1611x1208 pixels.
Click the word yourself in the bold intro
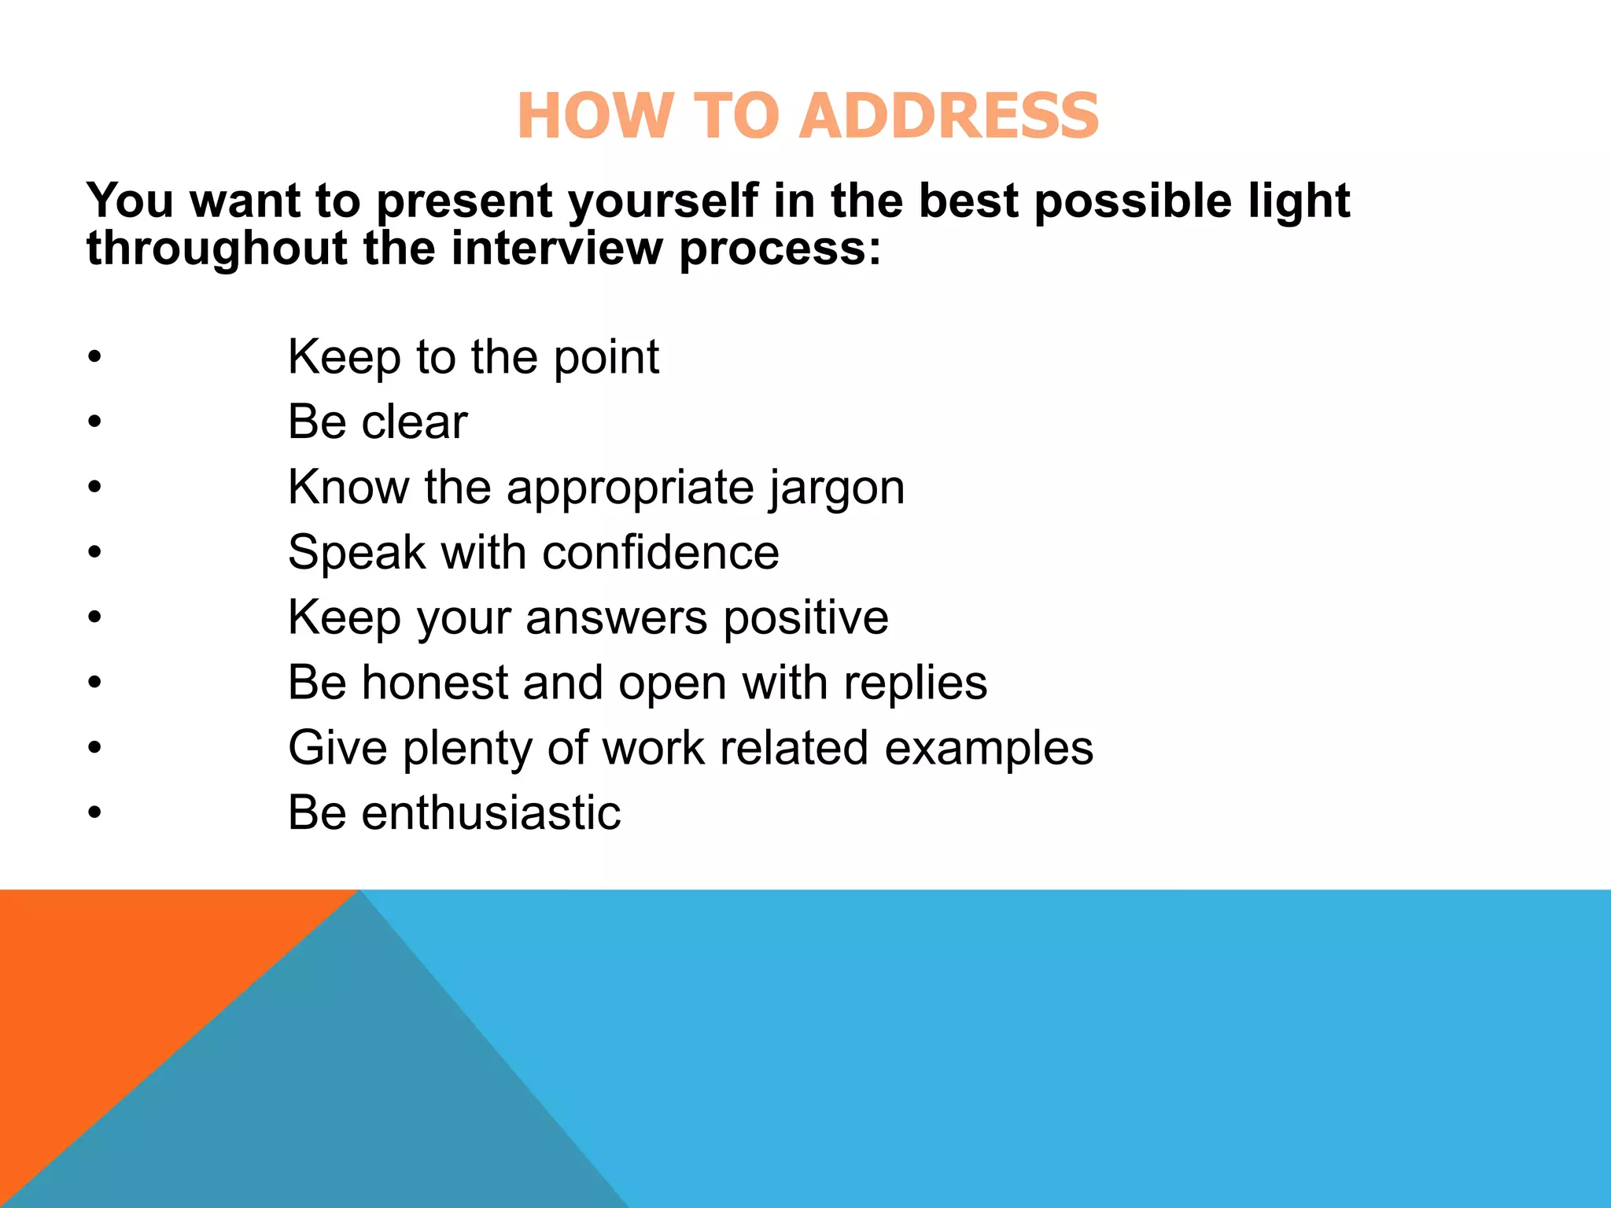[663, 201]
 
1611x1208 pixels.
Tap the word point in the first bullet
[606, 358]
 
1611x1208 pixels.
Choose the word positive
[805, 618]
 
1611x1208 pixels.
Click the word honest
[434, 683]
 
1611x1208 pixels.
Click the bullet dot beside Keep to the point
[95, 358]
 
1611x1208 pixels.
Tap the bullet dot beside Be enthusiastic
[95, 813]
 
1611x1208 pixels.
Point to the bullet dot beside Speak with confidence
[95, 553]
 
